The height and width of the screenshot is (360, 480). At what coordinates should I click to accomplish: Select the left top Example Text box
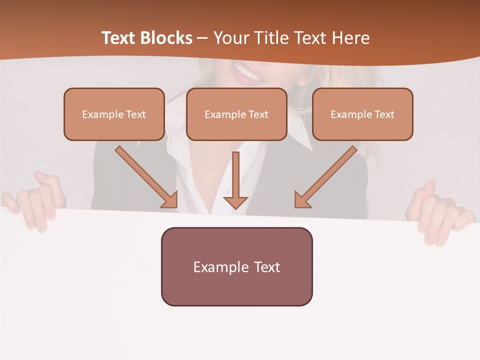[114, 114]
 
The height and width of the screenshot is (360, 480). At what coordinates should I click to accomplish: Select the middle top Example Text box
[236, 114]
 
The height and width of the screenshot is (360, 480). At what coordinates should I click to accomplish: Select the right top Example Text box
[362, 114]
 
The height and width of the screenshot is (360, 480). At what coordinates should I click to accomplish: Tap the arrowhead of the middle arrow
[235, 202]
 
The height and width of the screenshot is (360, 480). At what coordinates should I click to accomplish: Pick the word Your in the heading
[230, 38]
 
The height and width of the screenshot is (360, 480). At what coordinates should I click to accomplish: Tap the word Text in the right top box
[384, 114]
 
